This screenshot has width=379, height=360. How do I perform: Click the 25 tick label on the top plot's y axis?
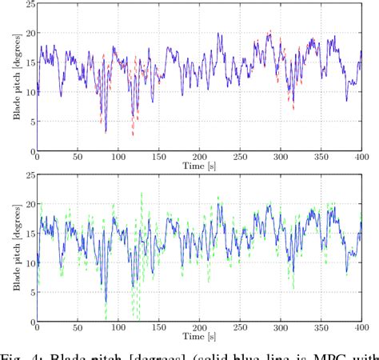[x=28, y=6]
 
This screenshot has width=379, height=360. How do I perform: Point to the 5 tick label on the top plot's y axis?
[x=30, y=121]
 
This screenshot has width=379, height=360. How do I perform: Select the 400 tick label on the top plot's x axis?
[x=364, y=158]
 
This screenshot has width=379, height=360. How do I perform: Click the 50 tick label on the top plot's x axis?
[x=78, y=158]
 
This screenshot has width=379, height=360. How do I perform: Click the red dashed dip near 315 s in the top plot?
[x=293, y=108]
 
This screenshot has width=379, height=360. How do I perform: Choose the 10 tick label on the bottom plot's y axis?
[x=28, y=263]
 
